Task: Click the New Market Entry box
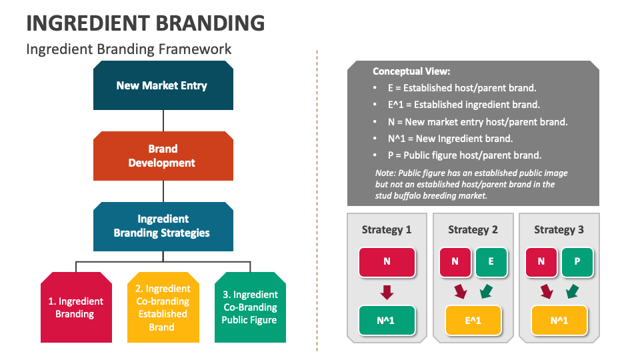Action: tap(163, 85)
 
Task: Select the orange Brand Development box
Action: tap(163, 156)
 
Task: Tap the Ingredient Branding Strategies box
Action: tap(163, 226)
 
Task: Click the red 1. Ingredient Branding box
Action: tap(75, 307)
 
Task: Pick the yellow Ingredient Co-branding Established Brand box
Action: tap(163, 307)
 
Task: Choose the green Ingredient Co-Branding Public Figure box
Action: tap(250, 307)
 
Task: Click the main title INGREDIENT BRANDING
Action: tap(145, 23)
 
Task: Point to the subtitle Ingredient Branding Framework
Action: tap(129, 49)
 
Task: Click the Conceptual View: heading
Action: tap(411, 71)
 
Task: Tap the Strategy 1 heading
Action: tap(387, 229)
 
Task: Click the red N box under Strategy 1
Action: tap(387, 262)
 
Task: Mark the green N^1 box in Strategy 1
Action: tap(387, 320)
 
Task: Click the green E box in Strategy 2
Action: tap(491, 262)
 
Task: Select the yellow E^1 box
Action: tap(473, 320)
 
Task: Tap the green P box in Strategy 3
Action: tap(577, 262)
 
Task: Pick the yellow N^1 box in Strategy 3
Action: tap(559, 320)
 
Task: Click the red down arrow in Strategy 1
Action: tap(387, 291)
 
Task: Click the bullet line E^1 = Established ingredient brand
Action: tap(464, 105)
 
